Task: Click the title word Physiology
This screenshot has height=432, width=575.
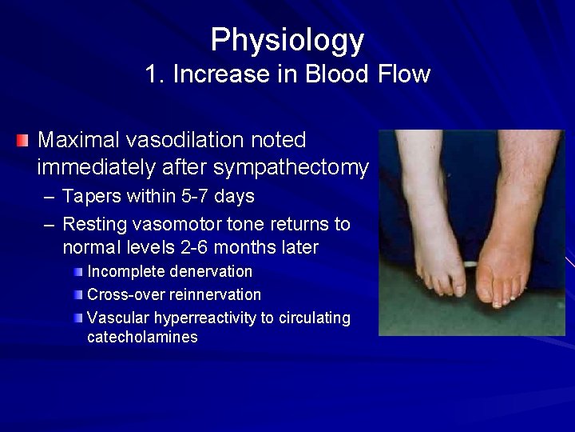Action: [x=287, y=39]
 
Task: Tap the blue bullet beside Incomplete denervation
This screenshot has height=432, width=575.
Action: [x=77, y=272]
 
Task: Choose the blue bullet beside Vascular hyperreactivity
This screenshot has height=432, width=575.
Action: [x=77, y=318]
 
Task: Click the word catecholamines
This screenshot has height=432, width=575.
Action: [x=142, y=337]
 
